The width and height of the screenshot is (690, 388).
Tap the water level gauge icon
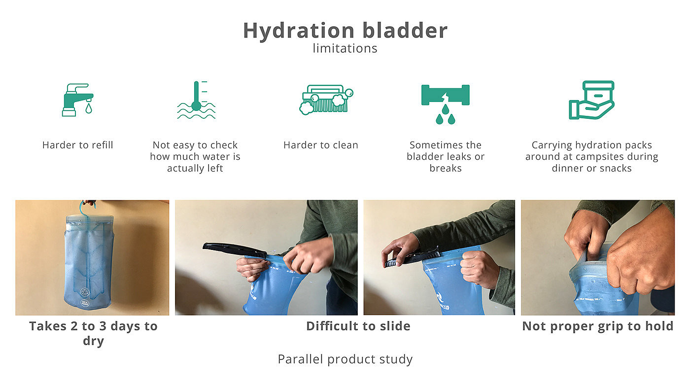[196, 100]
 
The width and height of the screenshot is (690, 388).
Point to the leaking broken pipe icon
[446, 104]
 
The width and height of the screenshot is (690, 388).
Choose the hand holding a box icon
[591, 100]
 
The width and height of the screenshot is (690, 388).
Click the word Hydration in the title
[299, 31]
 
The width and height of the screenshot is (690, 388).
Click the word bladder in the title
[405, 31]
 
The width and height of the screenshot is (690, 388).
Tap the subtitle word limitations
[345, 48]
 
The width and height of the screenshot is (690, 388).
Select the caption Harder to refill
[78, 145]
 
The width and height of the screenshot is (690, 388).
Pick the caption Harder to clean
[321, 145]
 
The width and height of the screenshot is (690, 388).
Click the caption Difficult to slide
[358, 326]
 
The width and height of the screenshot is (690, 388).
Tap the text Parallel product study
[345, 359]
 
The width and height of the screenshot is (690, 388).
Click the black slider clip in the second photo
[235, 249]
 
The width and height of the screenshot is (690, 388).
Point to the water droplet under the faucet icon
[89, 108]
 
